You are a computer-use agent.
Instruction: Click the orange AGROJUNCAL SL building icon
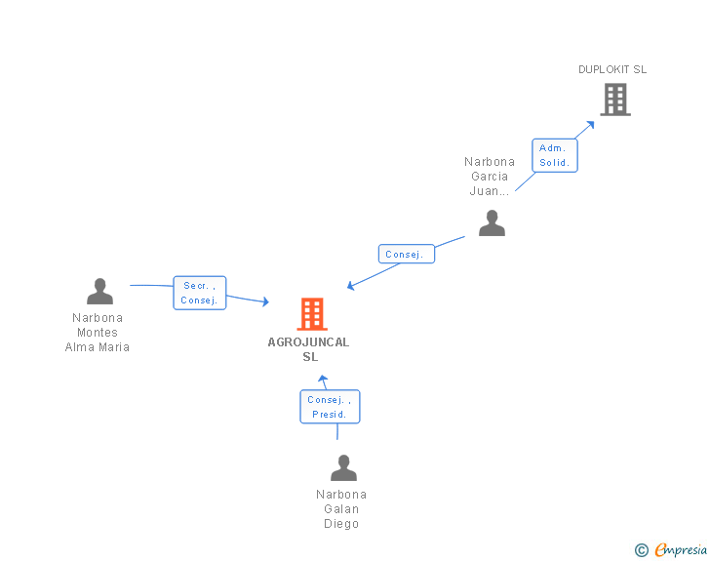tap(311, 314)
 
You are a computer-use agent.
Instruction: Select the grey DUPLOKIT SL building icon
tap(614, 99)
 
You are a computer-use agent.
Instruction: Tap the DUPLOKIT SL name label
tap(612, 69)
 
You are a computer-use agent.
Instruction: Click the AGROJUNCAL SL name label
tap(308, 349)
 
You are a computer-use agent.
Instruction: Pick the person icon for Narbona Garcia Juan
tap(492, 223)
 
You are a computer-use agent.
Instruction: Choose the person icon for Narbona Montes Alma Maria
tap(99, 292)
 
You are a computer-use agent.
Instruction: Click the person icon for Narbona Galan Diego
tap(343, 468)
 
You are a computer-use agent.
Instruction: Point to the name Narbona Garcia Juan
tap(490, 177)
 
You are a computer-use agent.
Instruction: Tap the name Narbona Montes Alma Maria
tap(98, 333)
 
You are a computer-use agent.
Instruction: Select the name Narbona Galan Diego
tap(341, 509)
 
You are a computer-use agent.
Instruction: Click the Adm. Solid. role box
tap(555, 155)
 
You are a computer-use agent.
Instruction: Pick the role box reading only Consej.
tap(406, 255)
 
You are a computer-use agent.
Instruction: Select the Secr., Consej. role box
tap(200, 293)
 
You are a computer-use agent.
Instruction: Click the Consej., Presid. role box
tap(330, 407)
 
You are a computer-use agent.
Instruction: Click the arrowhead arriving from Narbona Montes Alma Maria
tap(264, 302)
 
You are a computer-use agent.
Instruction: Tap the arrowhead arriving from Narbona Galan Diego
tap(324, 379)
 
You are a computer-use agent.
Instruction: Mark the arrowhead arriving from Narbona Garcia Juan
tap(351, 286)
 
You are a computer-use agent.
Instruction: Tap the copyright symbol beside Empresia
tap(641, 550)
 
